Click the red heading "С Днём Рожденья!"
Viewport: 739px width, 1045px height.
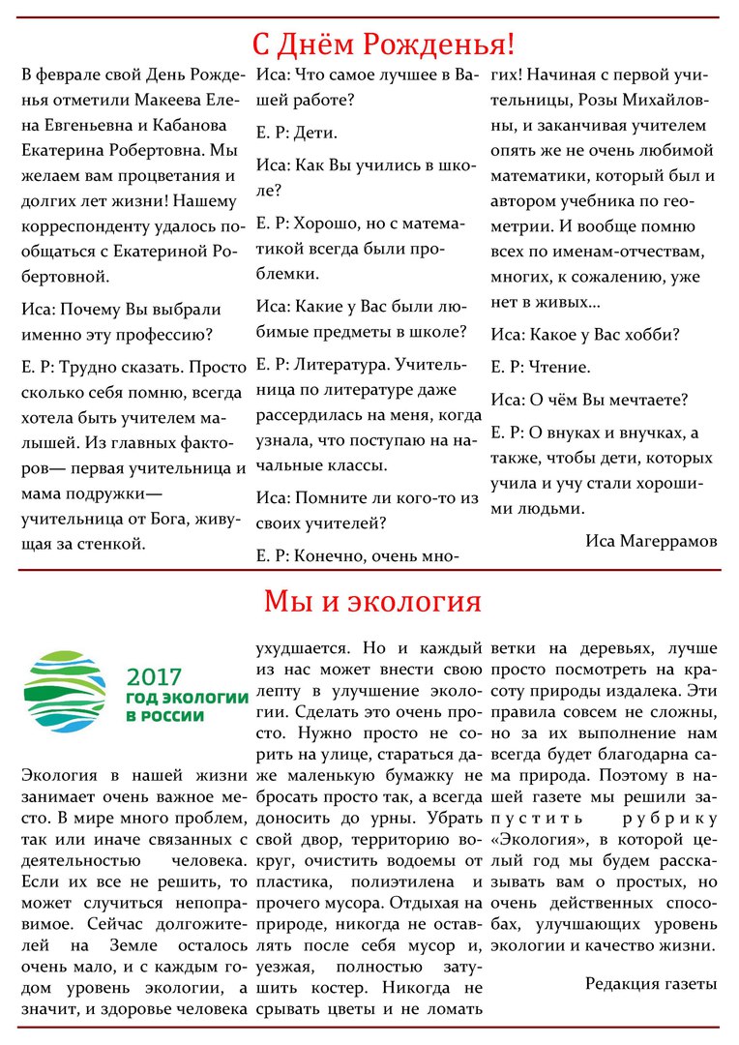(x=383, y=44)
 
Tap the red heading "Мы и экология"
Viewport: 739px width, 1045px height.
(x=372, y=602)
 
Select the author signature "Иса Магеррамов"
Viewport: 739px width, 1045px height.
(x=651, y=541)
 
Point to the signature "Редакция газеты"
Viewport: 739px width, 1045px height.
(x=651, y=983)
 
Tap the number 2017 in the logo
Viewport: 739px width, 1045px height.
(x=154, y=676)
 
